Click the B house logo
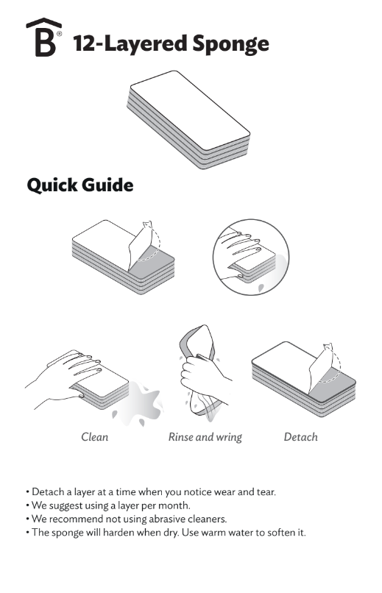tap(43, 37)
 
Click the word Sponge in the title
tap(230, 45)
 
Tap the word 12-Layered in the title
tap(130, 44)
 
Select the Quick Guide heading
tap(80, 185)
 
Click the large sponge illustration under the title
tap(188, 119)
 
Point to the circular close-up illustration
tap(251, 258)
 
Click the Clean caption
tap(94, 437)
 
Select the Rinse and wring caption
tap(205, 437)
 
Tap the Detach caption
tap(301, 437)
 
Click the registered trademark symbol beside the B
tap(59, 34)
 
